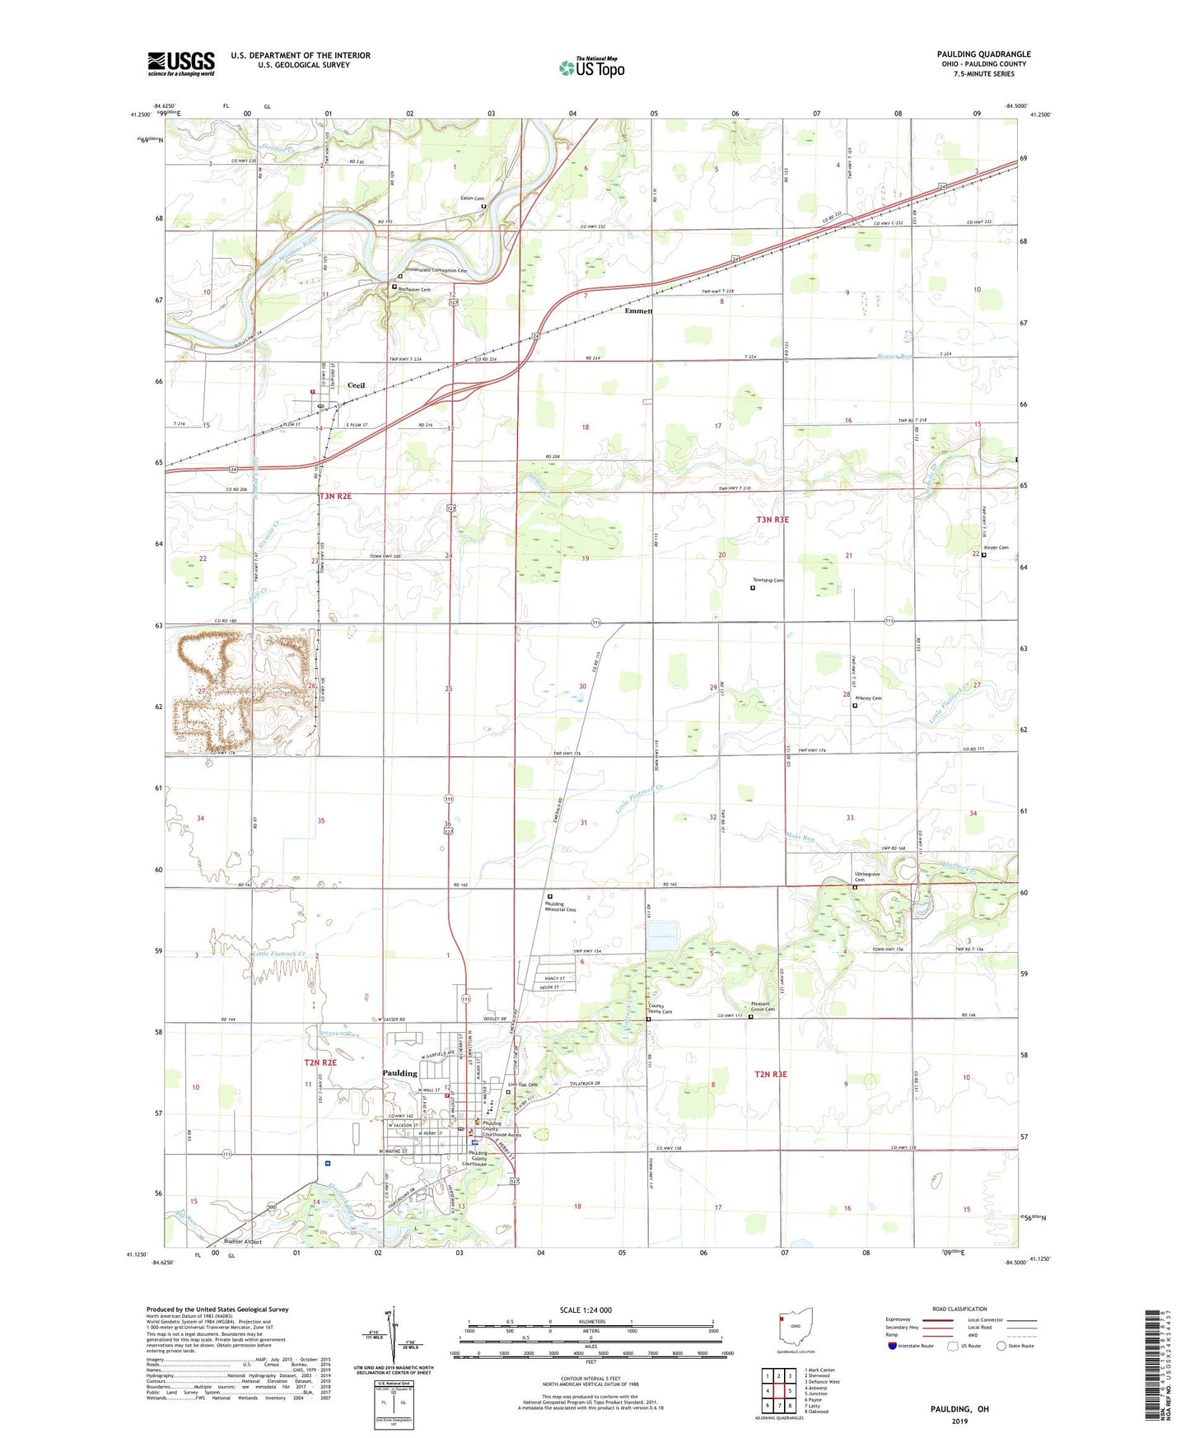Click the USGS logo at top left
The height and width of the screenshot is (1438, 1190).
tap(181, 63)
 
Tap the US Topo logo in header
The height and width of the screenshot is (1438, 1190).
tap(591, 68)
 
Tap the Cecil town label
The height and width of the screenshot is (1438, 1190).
tap(356, 385)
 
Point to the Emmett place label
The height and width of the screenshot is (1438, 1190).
tap(638, 311)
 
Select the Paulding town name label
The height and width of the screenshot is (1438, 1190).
tap(399, 1073)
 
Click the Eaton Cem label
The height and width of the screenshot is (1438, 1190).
tap(472, 198)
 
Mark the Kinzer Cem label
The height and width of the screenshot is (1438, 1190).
tap(996, 548)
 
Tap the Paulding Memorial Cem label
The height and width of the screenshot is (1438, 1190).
tap(560, 907)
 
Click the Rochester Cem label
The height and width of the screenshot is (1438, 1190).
tap(414, 290)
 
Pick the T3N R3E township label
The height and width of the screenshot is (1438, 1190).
tap(772, 520)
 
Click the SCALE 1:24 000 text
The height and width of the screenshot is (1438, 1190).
tap(586, 1310)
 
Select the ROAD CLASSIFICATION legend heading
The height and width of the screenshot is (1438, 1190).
tap(959, 1309)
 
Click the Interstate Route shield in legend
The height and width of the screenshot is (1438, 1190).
tap(894, 1346)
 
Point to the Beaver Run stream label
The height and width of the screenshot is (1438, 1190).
tap(894, 357)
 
